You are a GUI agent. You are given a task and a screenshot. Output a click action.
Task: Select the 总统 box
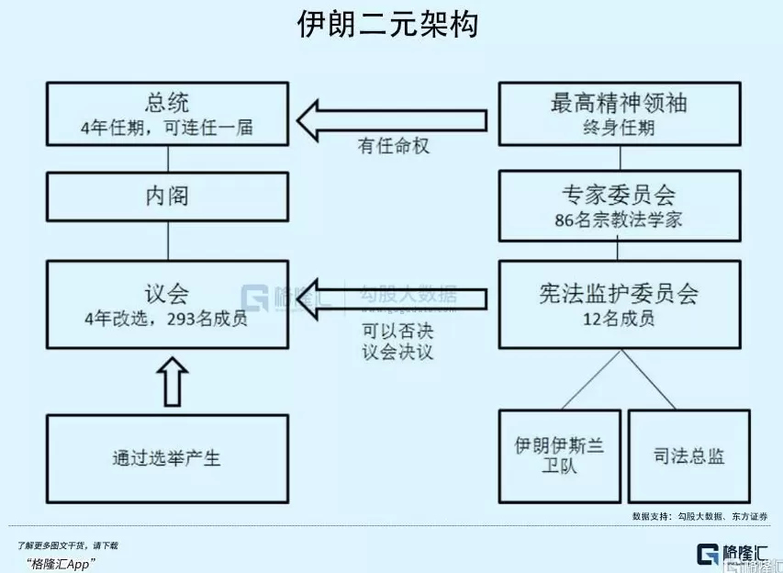click(x=167, y=113)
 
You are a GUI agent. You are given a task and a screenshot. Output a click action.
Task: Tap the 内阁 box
click(x=167, y=196)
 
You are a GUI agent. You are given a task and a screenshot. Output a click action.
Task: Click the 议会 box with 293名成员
click(x=167, y=304)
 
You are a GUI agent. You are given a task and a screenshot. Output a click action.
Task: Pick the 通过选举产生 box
click(x=167, y=457)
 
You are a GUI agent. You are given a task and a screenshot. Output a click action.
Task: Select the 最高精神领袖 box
click(x=619, y=113)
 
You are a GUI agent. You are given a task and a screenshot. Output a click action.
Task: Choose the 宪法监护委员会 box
click(x=619, y=304)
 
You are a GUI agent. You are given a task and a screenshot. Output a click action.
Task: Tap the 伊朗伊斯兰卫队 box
click(x=559, y=455)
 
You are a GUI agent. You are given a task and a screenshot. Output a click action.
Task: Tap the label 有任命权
click(x=394, y=146)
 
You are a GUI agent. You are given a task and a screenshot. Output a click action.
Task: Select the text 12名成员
click(x=619, y=320)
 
